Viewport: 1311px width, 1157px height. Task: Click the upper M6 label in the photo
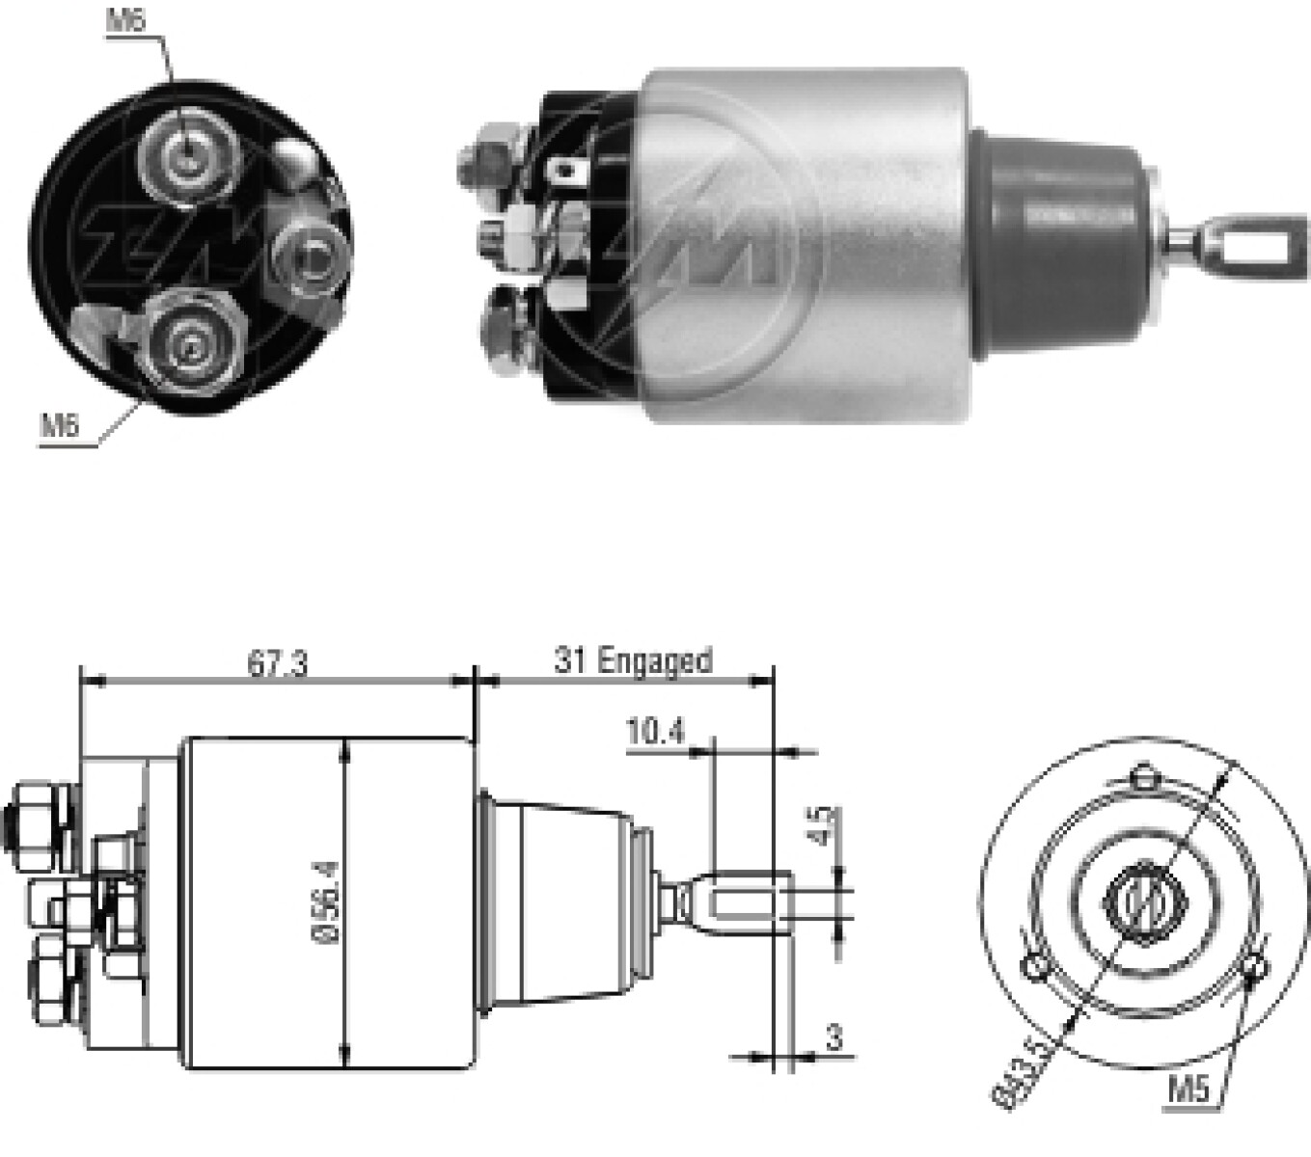coord(125,20)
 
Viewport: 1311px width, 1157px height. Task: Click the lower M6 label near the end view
coord(60,425)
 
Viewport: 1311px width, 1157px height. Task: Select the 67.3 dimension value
coord(278,664)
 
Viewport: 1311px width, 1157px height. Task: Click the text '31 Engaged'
coord(632,661)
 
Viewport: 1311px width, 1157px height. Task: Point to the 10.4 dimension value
coord(655,732)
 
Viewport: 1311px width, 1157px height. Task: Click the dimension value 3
coord(833,1037)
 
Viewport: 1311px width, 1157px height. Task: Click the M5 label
coord(1188,1090)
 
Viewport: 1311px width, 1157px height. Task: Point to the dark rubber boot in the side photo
coord(1061,247)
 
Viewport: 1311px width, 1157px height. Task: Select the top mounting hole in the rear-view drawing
coord(1144,775)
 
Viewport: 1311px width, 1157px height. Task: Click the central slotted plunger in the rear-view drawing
coord(1144,901)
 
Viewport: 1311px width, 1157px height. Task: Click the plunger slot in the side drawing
coord(745,904)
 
